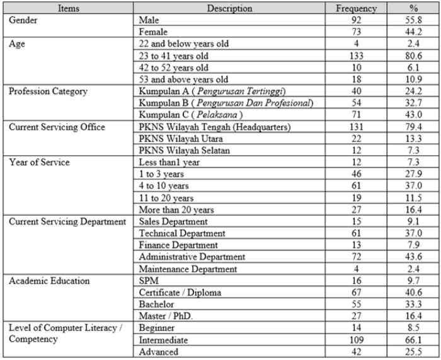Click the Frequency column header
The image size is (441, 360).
pos(357,9)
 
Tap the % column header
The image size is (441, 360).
pos(414,9)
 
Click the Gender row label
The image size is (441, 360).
pos(23,20)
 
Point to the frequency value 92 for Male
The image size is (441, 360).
pos(357,20)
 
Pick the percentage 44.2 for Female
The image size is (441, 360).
pos(414,32)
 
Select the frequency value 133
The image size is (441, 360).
pos(357,55)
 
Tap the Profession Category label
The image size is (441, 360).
pos(49,91)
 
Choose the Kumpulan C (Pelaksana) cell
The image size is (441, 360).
pos(182,115)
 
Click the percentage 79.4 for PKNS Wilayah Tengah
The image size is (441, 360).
pos(414,127)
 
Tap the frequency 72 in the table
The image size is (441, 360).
pos(357,257)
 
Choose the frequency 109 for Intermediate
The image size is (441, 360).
pos(357,340)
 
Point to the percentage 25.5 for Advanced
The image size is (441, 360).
pos(414,352)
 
